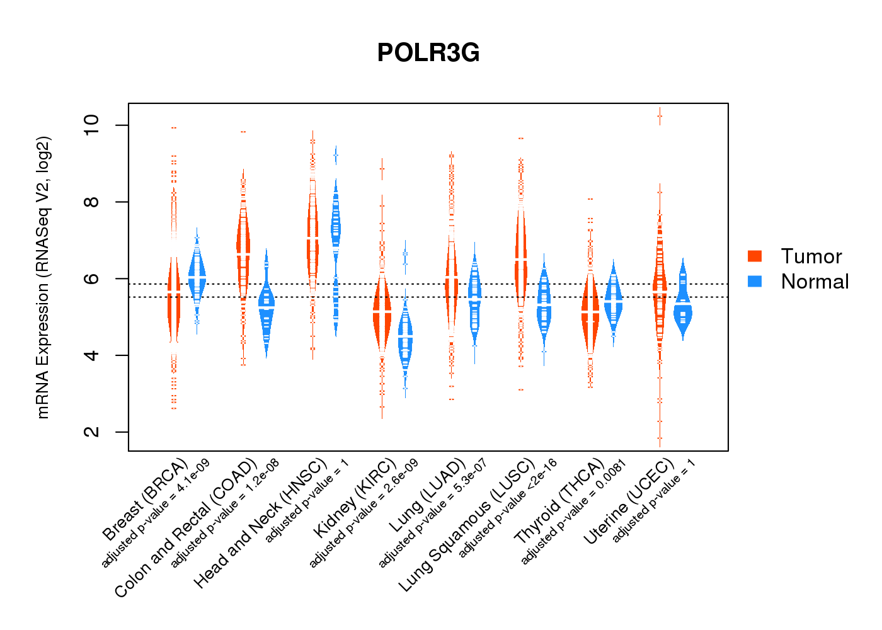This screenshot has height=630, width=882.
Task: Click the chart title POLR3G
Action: pos(428,53)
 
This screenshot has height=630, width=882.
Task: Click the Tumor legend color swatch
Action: pos(755,256)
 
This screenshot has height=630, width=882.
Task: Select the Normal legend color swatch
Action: pos(755,281)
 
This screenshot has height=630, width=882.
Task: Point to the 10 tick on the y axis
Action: pos(92,125)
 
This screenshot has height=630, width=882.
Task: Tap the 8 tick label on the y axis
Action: pos(92,202)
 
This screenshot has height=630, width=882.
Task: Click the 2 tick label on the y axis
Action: pos(92,432)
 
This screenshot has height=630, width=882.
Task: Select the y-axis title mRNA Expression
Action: pos(43,277)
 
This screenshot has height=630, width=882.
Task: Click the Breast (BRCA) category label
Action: pos(146,500)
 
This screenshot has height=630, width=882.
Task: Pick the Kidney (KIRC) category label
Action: pos(355,498)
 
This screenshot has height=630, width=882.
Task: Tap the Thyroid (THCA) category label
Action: pos(559,501)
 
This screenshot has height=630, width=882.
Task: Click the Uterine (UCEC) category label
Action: pos(629,501)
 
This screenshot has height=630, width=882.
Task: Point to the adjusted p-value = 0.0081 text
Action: pos(574,512)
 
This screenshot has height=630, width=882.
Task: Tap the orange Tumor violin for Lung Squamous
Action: pos(520,265)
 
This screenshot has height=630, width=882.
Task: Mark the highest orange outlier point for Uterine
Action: pos(660,116)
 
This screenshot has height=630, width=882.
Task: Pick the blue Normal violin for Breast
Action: pos(197,277)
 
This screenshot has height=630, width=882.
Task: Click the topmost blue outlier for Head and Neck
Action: pos(336,155)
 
